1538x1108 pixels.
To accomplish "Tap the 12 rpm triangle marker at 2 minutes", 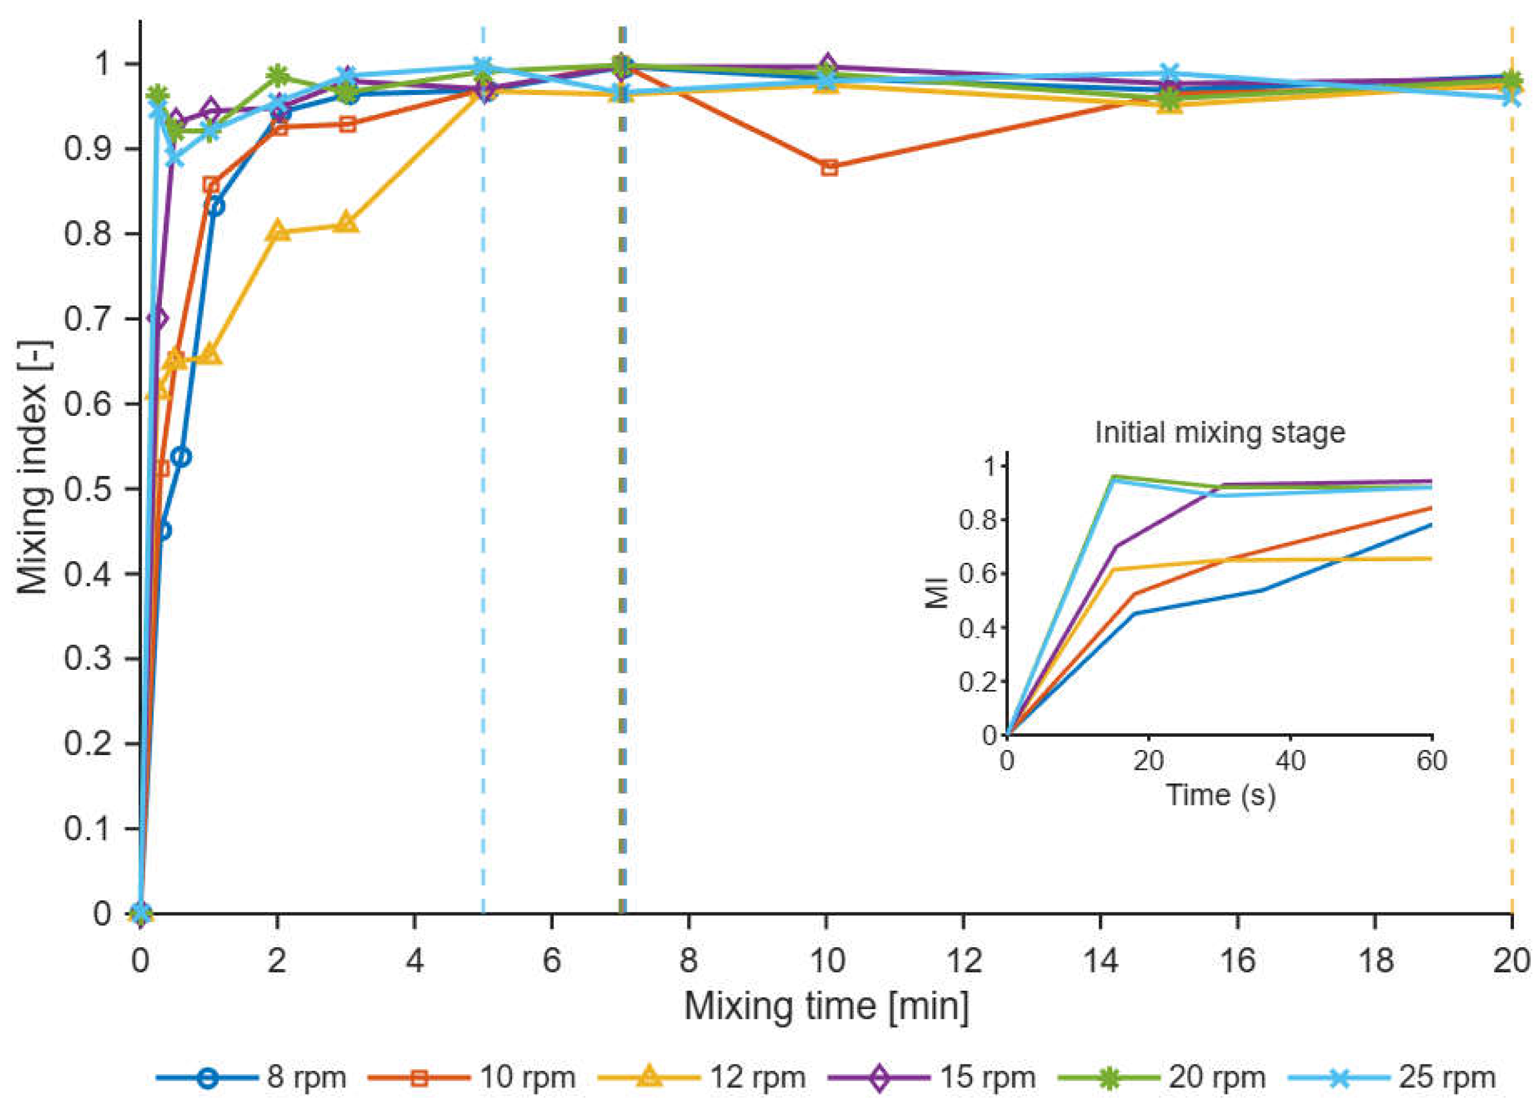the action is coord(278,231).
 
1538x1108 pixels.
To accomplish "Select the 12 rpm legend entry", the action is coord(702,1077).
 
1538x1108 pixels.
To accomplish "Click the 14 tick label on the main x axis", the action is coord(1101,960).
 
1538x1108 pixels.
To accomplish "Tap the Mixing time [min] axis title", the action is coord(826,1006).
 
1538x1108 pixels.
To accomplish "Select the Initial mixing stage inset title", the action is coord(1220,432).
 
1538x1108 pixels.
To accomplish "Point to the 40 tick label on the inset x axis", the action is coord(1289,760).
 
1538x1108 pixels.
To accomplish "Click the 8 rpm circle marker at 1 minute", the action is coord(215,206).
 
